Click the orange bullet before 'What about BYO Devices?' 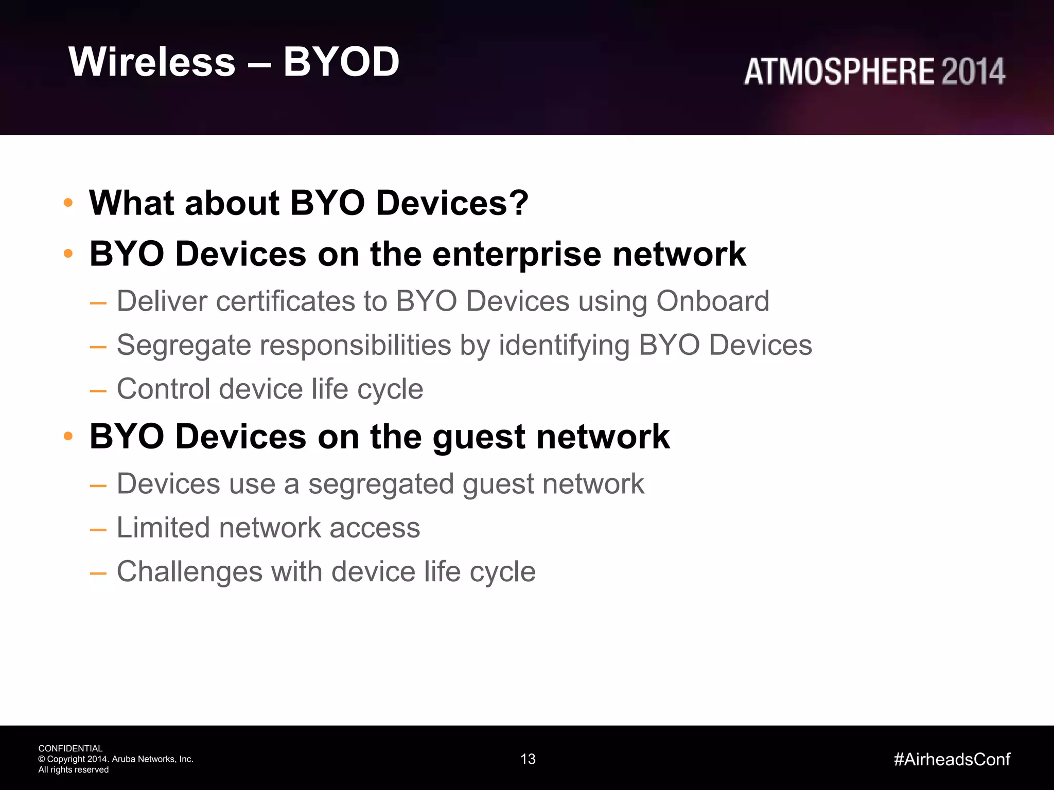[68, 203]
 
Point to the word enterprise [516, 254]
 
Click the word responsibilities [356, 345]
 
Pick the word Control [163, 389]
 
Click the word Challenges [189, 571]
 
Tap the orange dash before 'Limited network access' [98, 530]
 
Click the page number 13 [528, 759]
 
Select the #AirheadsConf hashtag [952, 759]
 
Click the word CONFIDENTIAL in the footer [71, 748]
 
